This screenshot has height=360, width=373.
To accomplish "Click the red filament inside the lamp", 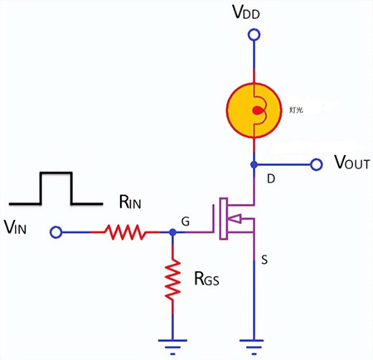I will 258,109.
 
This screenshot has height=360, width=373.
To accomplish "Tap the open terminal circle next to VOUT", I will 316,164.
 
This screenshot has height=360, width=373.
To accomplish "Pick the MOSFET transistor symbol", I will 234,219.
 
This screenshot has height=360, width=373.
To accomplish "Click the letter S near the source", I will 265,261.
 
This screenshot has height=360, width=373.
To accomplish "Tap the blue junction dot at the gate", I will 172,233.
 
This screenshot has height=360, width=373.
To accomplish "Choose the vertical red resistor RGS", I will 172,280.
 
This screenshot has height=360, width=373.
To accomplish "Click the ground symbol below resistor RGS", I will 172,340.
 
